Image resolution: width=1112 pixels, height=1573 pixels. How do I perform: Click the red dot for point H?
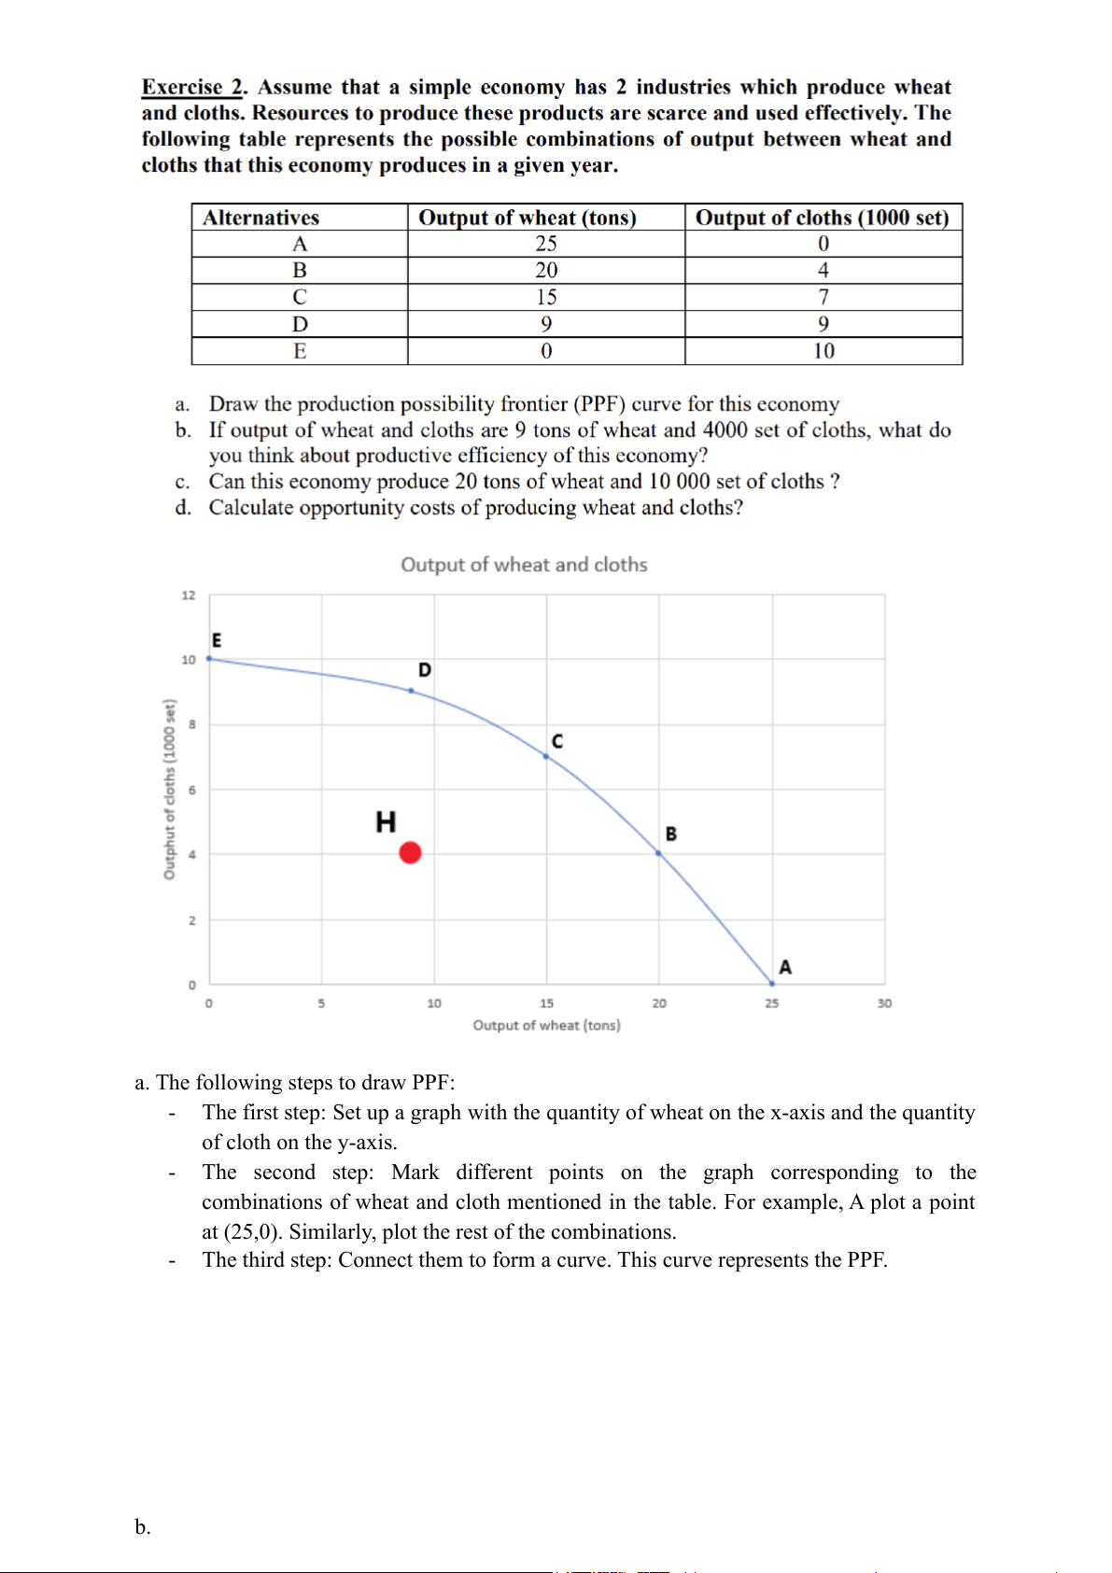410,852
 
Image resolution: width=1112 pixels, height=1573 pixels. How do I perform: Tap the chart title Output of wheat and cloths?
524,565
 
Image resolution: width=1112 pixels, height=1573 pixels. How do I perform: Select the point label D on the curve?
425,670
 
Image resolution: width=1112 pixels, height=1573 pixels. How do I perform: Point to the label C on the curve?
557,741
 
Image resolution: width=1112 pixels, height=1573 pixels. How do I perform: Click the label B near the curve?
671,834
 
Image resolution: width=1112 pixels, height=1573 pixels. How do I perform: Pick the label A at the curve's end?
785,967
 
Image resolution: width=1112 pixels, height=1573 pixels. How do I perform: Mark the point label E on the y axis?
217,640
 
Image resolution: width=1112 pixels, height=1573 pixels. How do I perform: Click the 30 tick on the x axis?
884,1004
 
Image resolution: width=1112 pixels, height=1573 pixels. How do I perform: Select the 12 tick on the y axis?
189,596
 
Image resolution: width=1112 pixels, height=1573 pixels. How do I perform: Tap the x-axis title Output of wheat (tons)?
546,1025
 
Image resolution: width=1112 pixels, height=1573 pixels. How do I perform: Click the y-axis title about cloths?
169,789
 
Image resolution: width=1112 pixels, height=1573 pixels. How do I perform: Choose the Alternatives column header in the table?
261,218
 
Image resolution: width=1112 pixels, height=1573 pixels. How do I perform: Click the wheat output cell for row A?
546,244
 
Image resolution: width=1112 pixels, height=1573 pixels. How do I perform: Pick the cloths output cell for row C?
823,297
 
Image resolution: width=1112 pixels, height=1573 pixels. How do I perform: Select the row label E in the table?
300,351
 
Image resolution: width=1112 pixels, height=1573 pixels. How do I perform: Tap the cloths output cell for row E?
823,351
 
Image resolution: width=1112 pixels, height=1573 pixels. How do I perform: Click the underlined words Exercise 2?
192,87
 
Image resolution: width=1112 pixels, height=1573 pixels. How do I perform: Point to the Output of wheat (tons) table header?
528,218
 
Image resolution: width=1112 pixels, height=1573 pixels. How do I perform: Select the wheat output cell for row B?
546,271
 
